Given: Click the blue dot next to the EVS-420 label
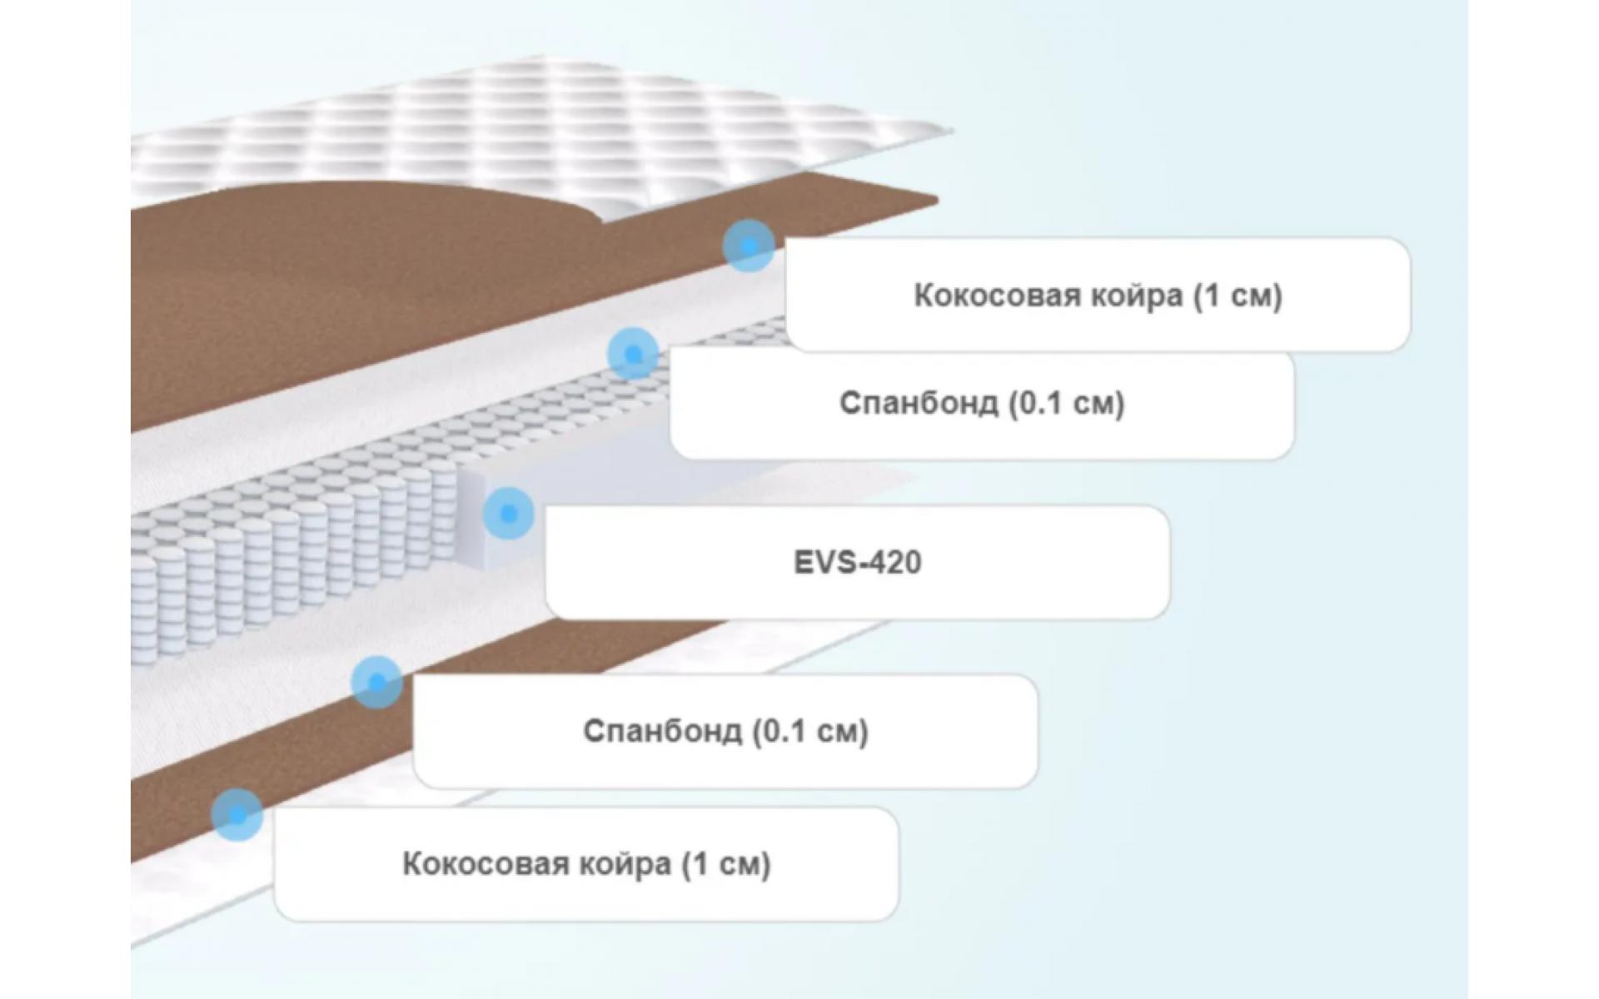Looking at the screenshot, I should pos(508,514).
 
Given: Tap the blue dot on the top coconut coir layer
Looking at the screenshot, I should pos(749,246).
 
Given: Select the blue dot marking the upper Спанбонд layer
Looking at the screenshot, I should pos(633,354).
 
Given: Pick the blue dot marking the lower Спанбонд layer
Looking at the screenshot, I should pos(376,682).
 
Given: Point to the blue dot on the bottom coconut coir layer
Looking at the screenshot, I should pos(237,815).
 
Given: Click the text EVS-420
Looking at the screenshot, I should pos(857,562).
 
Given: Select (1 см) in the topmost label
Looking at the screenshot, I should pos(1238,296).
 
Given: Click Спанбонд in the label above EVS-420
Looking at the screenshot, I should pos(919,403).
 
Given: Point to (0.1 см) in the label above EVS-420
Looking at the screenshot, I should pos(1067,403).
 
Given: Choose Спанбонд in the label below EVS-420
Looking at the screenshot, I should pos(662,731).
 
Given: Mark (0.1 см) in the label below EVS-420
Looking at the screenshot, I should pos(810,731).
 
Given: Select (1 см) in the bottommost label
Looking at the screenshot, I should pos(727,864).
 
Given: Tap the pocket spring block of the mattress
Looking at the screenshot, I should pos(291,541).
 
